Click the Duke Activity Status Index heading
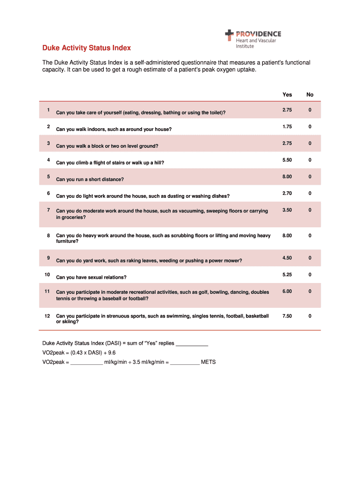click(x=86, y=48)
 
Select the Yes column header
click(x=287, y=94)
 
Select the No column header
click(x=310, y=94)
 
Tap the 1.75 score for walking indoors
click(x=287, y=127)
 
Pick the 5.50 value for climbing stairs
click(x=287, y=160)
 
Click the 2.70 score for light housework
click(x=287, y=193)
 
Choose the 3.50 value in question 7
click(x=287, y=210)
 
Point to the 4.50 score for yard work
click(x=287, y=258)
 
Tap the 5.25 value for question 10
click(x=287, y=275)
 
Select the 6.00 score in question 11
click(x=287, y=291)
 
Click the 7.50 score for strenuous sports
click(x=287, y=316)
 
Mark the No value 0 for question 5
click(x=310, y=177)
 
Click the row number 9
click(x=48, y=258)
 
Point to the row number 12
click(x=47, y=316)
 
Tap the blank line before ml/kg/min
click(x=86, y=363)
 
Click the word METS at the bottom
click(x=209, y=362)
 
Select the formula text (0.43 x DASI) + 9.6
click(x=93, y=353)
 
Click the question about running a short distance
click(x=90, y=179)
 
